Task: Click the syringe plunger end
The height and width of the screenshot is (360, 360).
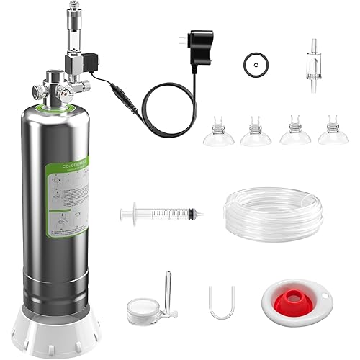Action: [123, 213]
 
